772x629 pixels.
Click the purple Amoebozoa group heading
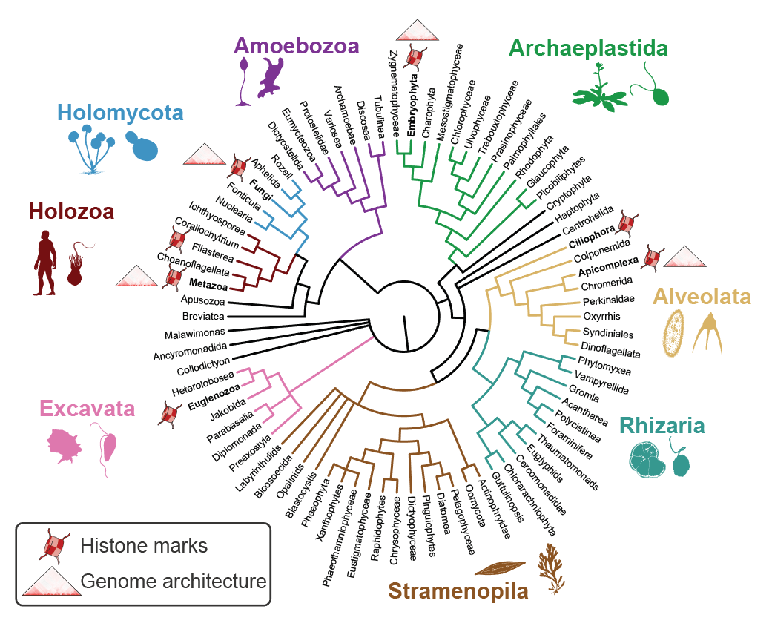[x=297, y=45]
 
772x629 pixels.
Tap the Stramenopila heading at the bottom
[x=458, y=591]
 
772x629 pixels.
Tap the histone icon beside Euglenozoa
[x=171, y=412]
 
